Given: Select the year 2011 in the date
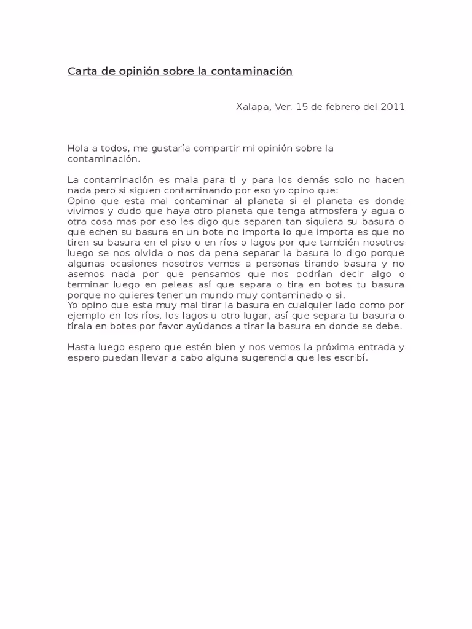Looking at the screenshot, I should coord(392,106).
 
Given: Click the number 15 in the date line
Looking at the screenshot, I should coord(301,106).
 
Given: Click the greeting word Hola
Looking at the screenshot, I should coord(77,149).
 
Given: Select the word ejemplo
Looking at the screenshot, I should coord(87,315).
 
